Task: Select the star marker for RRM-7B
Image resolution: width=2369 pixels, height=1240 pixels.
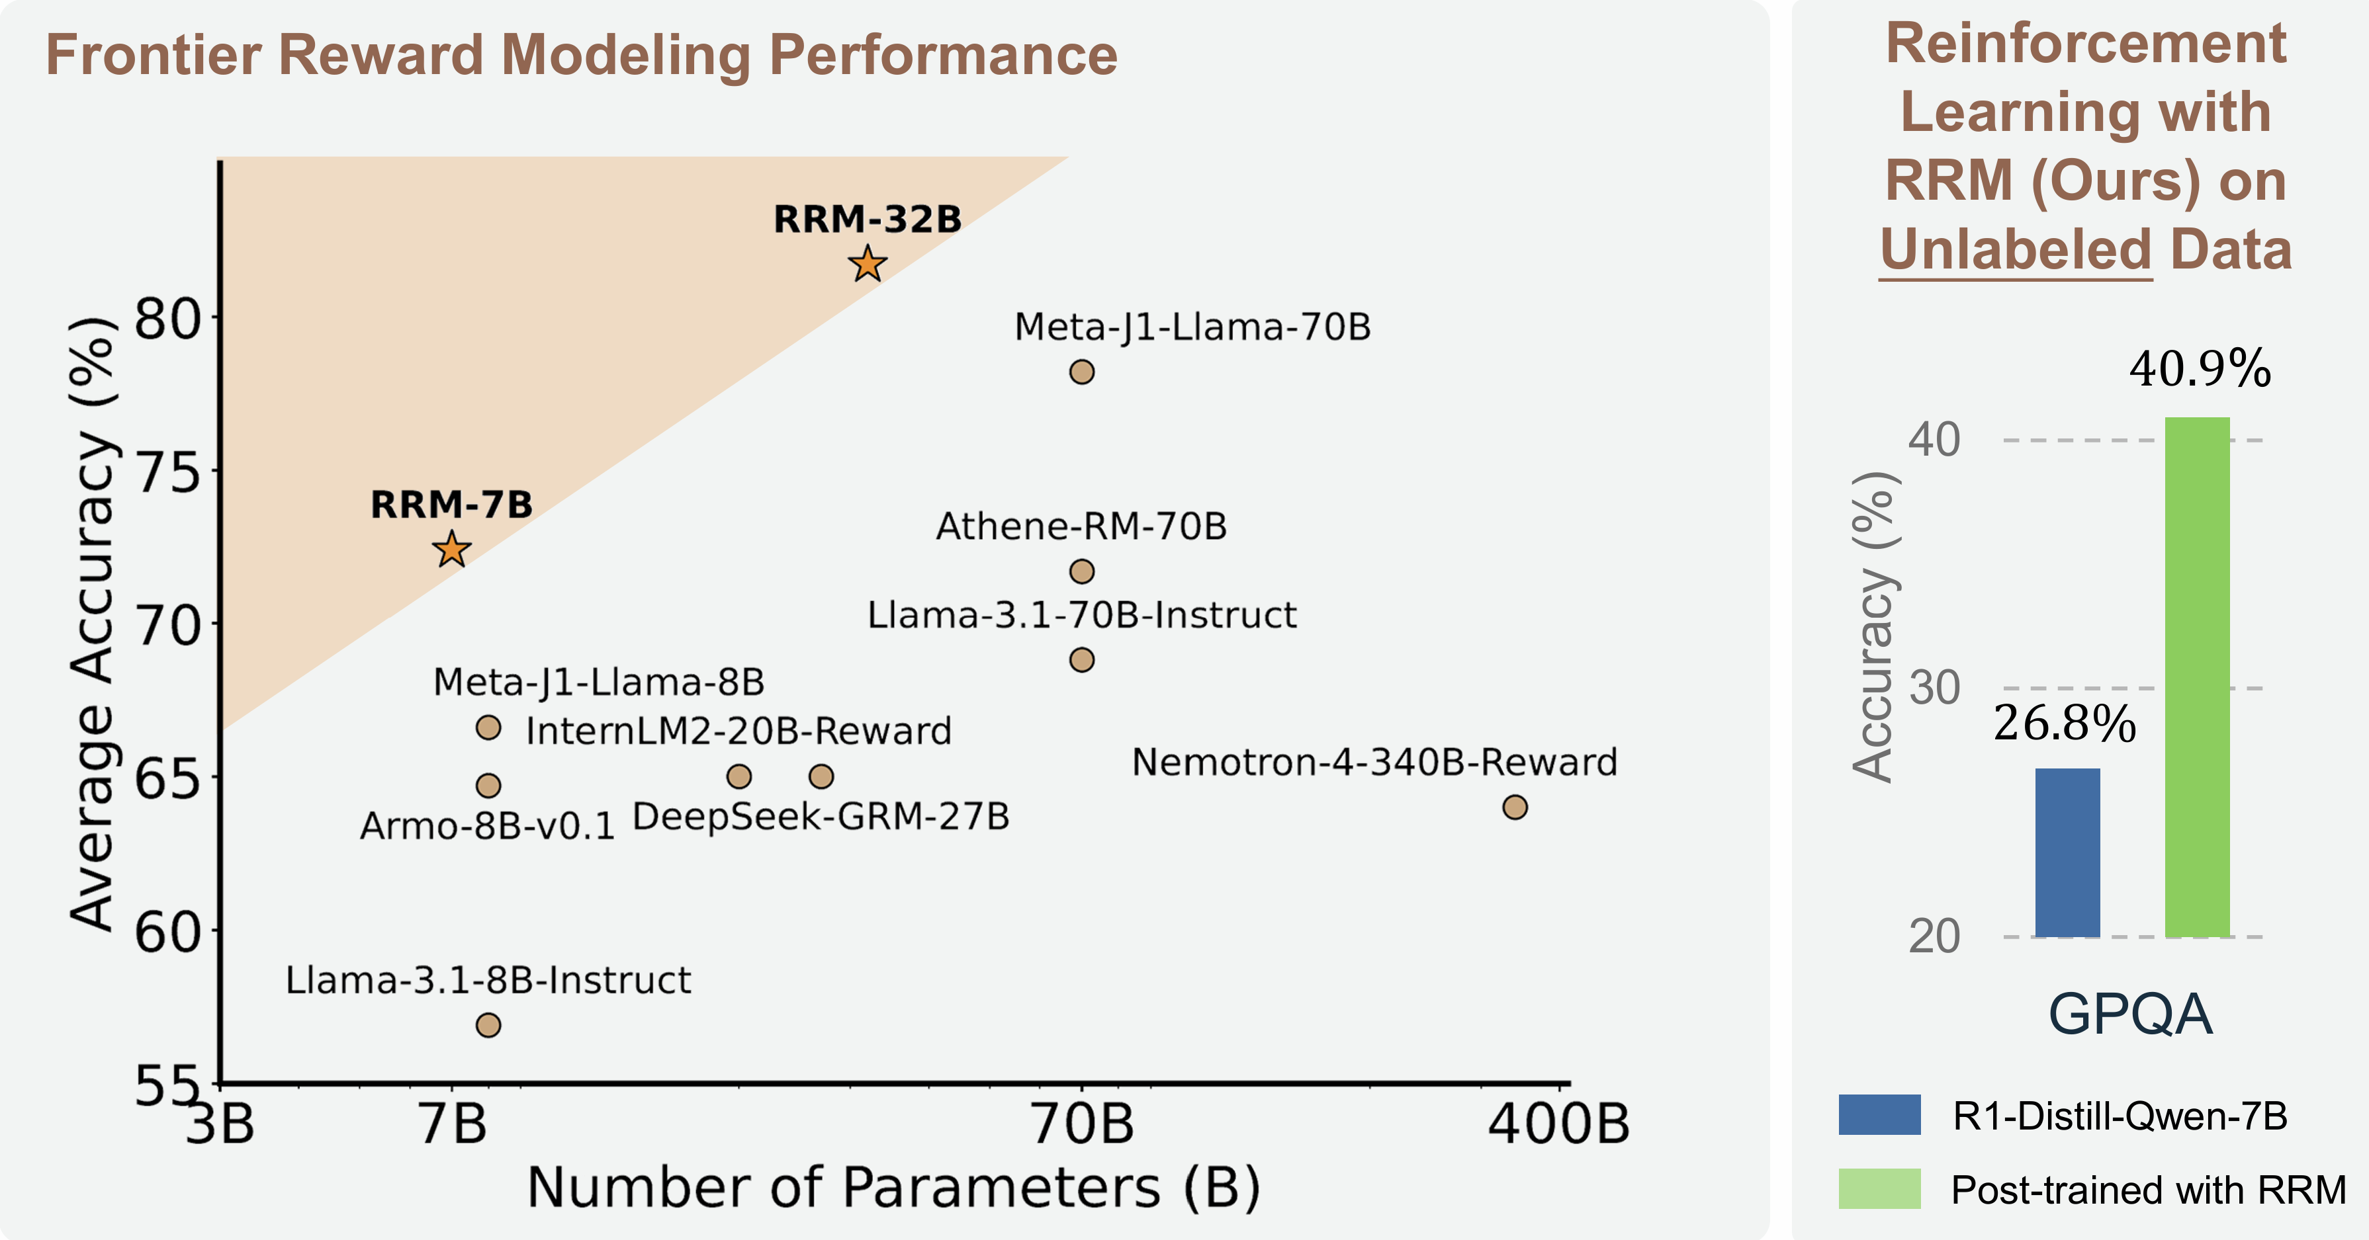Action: tap(451, 550)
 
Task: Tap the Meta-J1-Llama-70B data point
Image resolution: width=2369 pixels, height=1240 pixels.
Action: tap(1081, 372)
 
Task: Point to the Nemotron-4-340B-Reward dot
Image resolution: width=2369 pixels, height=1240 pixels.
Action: tap(1515, 807)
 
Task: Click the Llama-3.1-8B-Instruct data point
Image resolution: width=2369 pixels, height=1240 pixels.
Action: tap(488, 1025)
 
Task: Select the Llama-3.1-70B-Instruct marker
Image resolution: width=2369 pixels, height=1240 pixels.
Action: tap(1081, 660)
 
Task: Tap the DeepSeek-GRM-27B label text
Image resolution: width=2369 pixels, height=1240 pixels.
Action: tap(821, 816)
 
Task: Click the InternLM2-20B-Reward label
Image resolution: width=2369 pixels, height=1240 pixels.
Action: tap(738, 731)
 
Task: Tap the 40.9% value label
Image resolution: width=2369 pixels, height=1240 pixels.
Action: tap(2200, 370)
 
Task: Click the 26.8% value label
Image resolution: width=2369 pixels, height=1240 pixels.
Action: tap(2065, 724)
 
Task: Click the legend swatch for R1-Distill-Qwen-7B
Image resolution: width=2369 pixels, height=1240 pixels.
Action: tap(1879, 1114)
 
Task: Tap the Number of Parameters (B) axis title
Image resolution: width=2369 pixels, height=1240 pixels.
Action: tap(893, 1188)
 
